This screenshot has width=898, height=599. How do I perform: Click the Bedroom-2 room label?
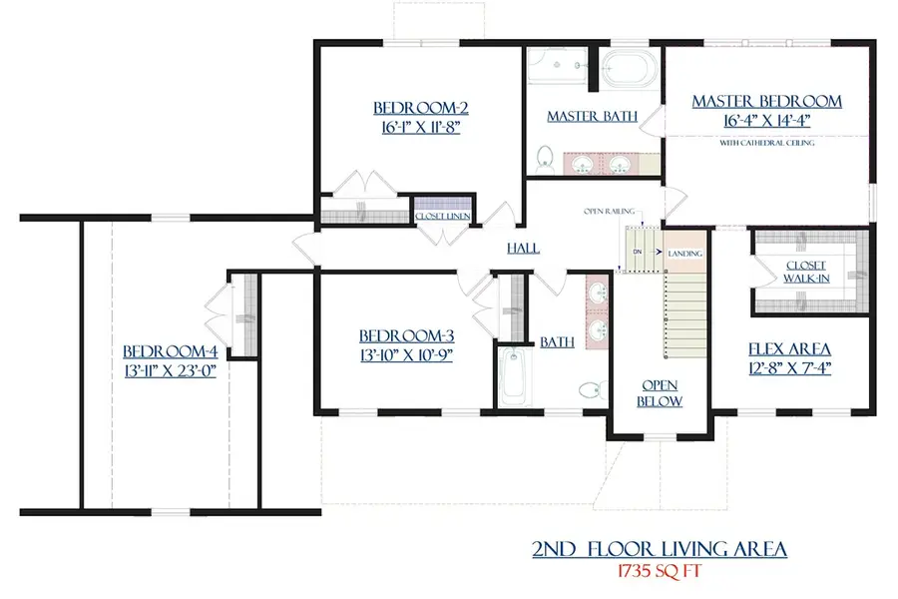tap(420, 108)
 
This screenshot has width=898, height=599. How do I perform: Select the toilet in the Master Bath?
tap(544, 159)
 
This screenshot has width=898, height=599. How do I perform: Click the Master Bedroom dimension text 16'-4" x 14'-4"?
tap(766, 123)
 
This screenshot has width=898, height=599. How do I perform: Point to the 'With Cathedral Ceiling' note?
tap(766, 144)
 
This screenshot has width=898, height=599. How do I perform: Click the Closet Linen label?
tap(443, 217)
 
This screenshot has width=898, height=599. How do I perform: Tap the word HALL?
tap(523, 249)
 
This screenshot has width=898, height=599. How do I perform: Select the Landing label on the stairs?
tap(684, 254)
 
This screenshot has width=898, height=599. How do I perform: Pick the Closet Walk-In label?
tap(805, 271)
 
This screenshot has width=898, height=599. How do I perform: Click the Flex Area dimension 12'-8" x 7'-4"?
tap(789, 367)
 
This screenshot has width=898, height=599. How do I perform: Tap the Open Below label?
tap(661, 393)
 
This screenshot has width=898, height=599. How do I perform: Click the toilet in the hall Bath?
tap(588, 390)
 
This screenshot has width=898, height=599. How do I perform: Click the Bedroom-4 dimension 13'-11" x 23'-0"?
tap(171, 369)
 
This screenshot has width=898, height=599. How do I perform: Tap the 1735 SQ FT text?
tap(662, 574)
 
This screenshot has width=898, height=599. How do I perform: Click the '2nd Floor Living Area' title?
tap(660, 549)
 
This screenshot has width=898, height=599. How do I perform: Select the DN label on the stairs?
tap(637, 252)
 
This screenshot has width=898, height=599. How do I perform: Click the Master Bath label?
tap(592, 117)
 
